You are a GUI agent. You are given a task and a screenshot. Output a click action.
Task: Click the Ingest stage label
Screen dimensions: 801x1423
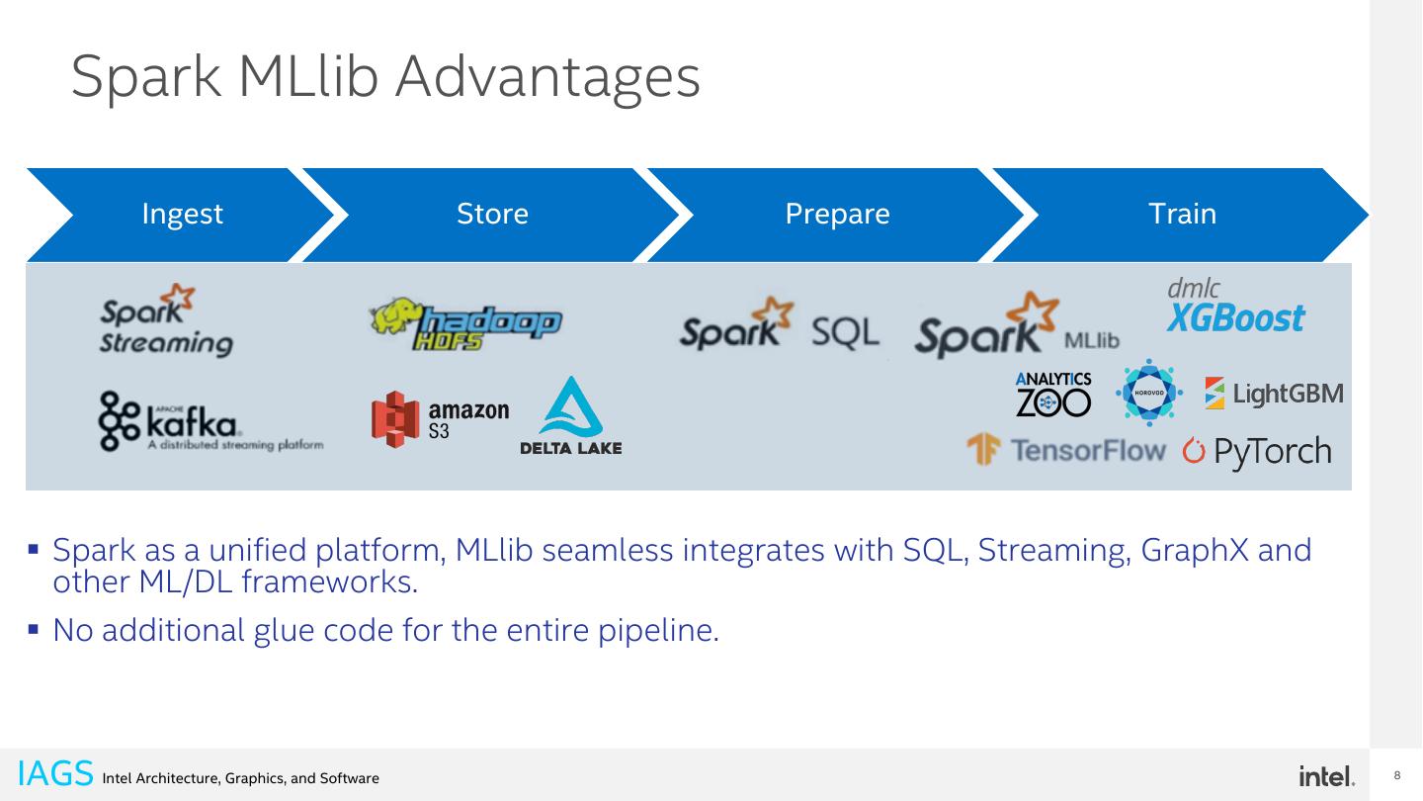click(x=183, y=215)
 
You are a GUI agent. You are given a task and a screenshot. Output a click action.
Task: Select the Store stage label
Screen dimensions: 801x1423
click(x=492, y=215)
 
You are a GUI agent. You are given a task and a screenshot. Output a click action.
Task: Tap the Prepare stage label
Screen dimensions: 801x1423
click(x=837, y=215)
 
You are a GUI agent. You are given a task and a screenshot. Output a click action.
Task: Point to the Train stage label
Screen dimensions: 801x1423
click(x=1182, y=215)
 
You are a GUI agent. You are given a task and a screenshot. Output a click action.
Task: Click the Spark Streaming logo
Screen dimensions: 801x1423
click(x=166, y=321)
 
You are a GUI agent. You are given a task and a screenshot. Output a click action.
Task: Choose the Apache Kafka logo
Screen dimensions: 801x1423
click(x=209, y=423)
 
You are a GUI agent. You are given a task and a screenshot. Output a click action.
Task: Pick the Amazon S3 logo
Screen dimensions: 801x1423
click(x=441, y=419)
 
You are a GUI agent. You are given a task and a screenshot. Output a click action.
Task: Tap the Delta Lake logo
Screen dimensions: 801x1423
click(x=570, y=418)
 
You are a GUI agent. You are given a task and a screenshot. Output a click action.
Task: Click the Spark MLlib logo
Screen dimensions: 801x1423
click(x=1017, y=328)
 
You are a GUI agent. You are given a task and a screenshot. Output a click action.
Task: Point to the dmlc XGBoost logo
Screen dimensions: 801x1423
click(x=1234, y=307)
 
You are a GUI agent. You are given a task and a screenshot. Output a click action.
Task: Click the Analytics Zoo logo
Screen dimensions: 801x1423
click(x=1053, y=394)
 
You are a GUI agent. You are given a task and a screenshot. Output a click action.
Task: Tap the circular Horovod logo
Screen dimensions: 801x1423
click(x=1147, y=393)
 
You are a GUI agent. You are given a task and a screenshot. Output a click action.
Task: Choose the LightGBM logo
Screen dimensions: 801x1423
click(x=1274, y=394)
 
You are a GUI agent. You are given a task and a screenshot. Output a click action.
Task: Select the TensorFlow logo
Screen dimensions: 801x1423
click(x=1066, y=452)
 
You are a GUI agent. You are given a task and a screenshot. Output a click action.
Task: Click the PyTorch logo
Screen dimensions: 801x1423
click(x=1257, y=452)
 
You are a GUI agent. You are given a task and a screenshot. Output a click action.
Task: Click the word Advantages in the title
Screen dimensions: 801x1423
click(x=547, y=77)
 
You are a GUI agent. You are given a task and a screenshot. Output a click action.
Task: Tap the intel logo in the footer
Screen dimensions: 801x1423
click(x=1327, y=776)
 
